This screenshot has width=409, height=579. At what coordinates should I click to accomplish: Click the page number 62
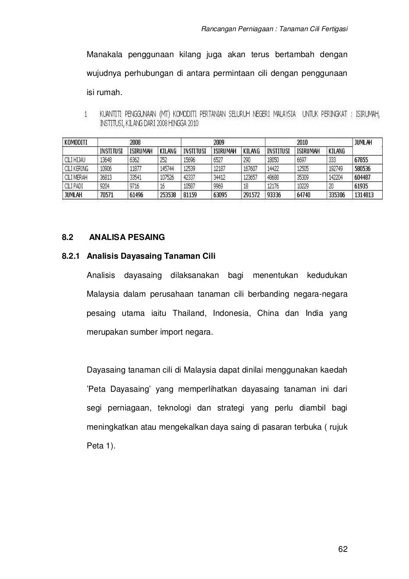(343, 549)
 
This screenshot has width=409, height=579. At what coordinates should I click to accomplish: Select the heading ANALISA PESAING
(127, 237)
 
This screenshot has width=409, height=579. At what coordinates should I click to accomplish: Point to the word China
(268, 313)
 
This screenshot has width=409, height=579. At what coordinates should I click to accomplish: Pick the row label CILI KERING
(76, 169)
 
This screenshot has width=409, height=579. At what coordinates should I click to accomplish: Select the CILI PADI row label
(74, 186)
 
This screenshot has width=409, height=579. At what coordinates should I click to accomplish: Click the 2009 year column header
(218, 142)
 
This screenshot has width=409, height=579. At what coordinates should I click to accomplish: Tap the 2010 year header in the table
(302, 142)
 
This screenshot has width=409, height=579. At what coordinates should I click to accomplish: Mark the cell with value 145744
(167, 169)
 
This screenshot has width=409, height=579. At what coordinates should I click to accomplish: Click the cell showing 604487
(363, 177)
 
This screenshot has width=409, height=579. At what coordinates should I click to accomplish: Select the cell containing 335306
(337, 195)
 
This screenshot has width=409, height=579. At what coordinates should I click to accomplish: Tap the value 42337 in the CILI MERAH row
(190, 177)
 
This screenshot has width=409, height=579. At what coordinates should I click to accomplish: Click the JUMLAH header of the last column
(363, 142)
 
